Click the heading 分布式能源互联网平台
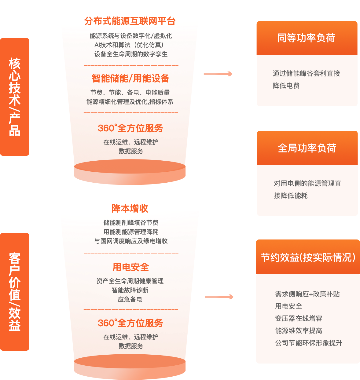pos(130,21)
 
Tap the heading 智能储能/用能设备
pos(130,79)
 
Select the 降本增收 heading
pos(130,208)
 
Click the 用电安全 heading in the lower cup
pos(130,267)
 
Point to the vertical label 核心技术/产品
pos(15,97)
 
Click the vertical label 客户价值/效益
pos(15,292)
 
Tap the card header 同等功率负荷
pos(307,38)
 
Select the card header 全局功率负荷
pos(307,148)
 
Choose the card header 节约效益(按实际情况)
pos(308,257)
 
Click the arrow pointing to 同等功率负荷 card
pos(218,74)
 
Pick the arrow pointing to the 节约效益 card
pos(219,297)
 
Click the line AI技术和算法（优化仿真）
pos(130,45)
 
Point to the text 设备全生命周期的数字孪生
pos(131,54)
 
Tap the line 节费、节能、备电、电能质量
pos(130,92)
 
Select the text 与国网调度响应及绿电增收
pos(131,241)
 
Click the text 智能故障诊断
pos(130,290)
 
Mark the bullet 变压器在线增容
pos(299,318)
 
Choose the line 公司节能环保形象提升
pos(309,343)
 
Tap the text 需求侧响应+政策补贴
pos(307,294)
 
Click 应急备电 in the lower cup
pos(130,299)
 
